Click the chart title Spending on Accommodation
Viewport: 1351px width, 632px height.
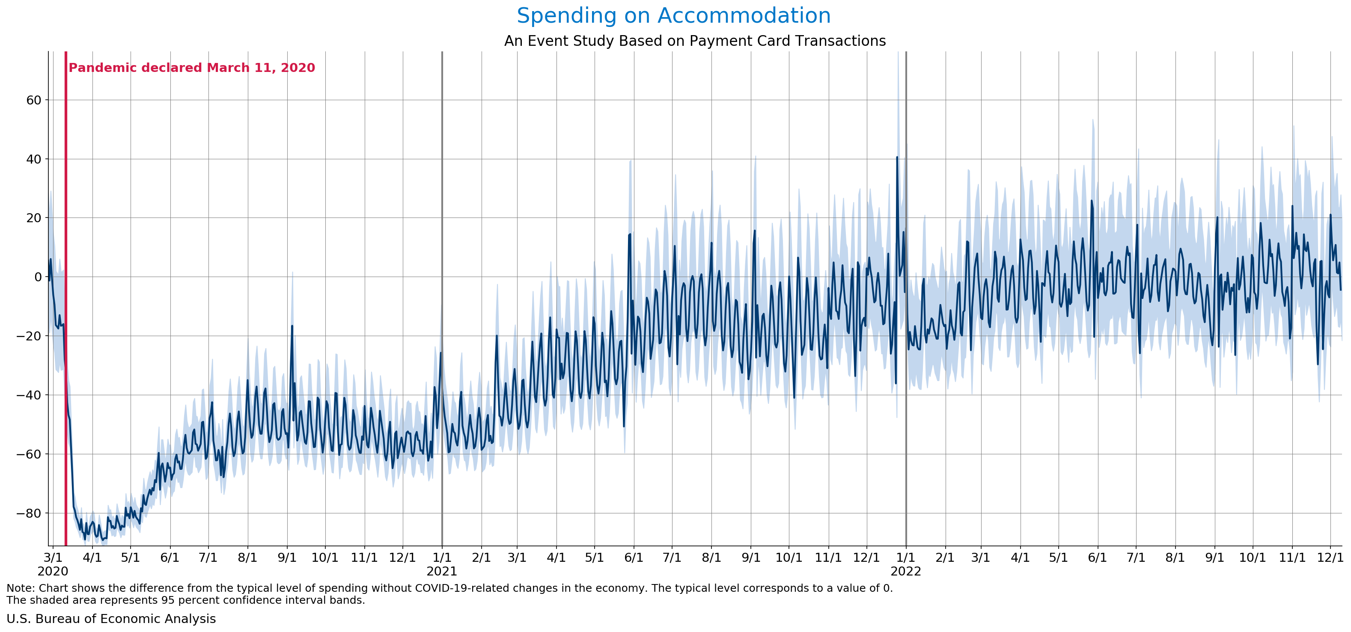673,16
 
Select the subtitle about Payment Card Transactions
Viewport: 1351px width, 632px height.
694,41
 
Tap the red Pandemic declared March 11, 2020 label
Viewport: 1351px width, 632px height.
191,68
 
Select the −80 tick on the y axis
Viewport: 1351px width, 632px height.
29,513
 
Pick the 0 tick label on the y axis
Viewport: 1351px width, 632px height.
37,277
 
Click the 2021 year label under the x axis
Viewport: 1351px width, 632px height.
442,571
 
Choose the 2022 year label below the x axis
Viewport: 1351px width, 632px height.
906,571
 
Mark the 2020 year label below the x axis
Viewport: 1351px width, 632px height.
53,571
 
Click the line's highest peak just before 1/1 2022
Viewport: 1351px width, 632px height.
897,157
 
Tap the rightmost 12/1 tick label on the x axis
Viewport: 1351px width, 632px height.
1330,557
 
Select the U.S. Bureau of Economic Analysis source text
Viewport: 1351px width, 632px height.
111,619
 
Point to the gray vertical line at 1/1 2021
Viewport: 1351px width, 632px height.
442,210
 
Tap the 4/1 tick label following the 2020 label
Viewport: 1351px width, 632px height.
92,557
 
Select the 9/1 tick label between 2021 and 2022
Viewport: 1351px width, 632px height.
750,557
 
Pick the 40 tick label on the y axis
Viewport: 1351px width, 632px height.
33,159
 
